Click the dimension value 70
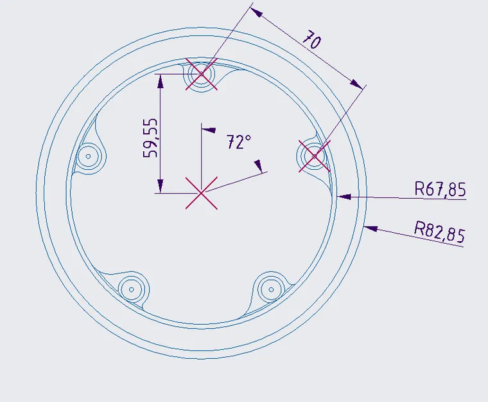coord(312,41)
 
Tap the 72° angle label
coord(238,142)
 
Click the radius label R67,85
coord(440,189)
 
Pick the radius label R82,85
coord(439,231)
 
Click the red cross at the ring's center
coord(202,193)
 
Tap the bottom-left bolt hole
coord(132,289)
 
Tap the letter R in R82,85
coord(420,228)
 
